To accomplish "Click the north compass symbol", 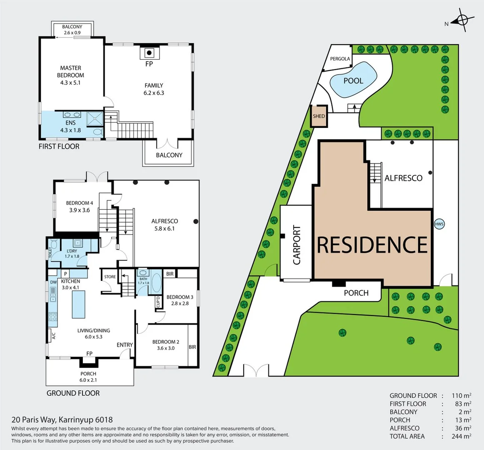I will pos(463,20).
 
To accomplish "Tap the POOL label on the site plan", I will pos(353,81).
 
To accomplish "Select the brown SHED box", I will pos(319,116).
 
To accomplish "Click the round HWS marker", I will pos(439,224).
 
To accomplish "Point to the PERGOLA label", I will pos(340,59).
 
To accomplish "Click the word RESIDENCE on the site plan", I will pos(372,245).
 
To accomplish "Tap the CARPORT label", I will pos(297,245).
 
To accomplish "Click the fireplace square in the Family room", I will pos(149,53).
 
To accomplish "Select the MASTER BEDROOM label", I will pos(70,71).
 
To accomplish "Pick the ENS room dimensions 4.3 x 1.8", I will pos(70,130).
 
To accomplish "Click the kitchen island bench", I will pos(78,304).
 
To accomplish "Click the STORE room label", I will pos(110,277).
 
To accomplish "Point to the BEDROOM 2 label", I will pos(166,342).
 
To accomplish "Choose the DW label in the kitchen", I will pos(53,282).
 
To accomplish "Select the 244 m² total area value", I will pos(462,436).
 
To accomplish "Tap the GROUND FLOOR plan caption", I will pos(73,393).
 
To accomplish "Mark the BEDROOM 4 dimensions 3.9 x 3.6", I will pos(80,210).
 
